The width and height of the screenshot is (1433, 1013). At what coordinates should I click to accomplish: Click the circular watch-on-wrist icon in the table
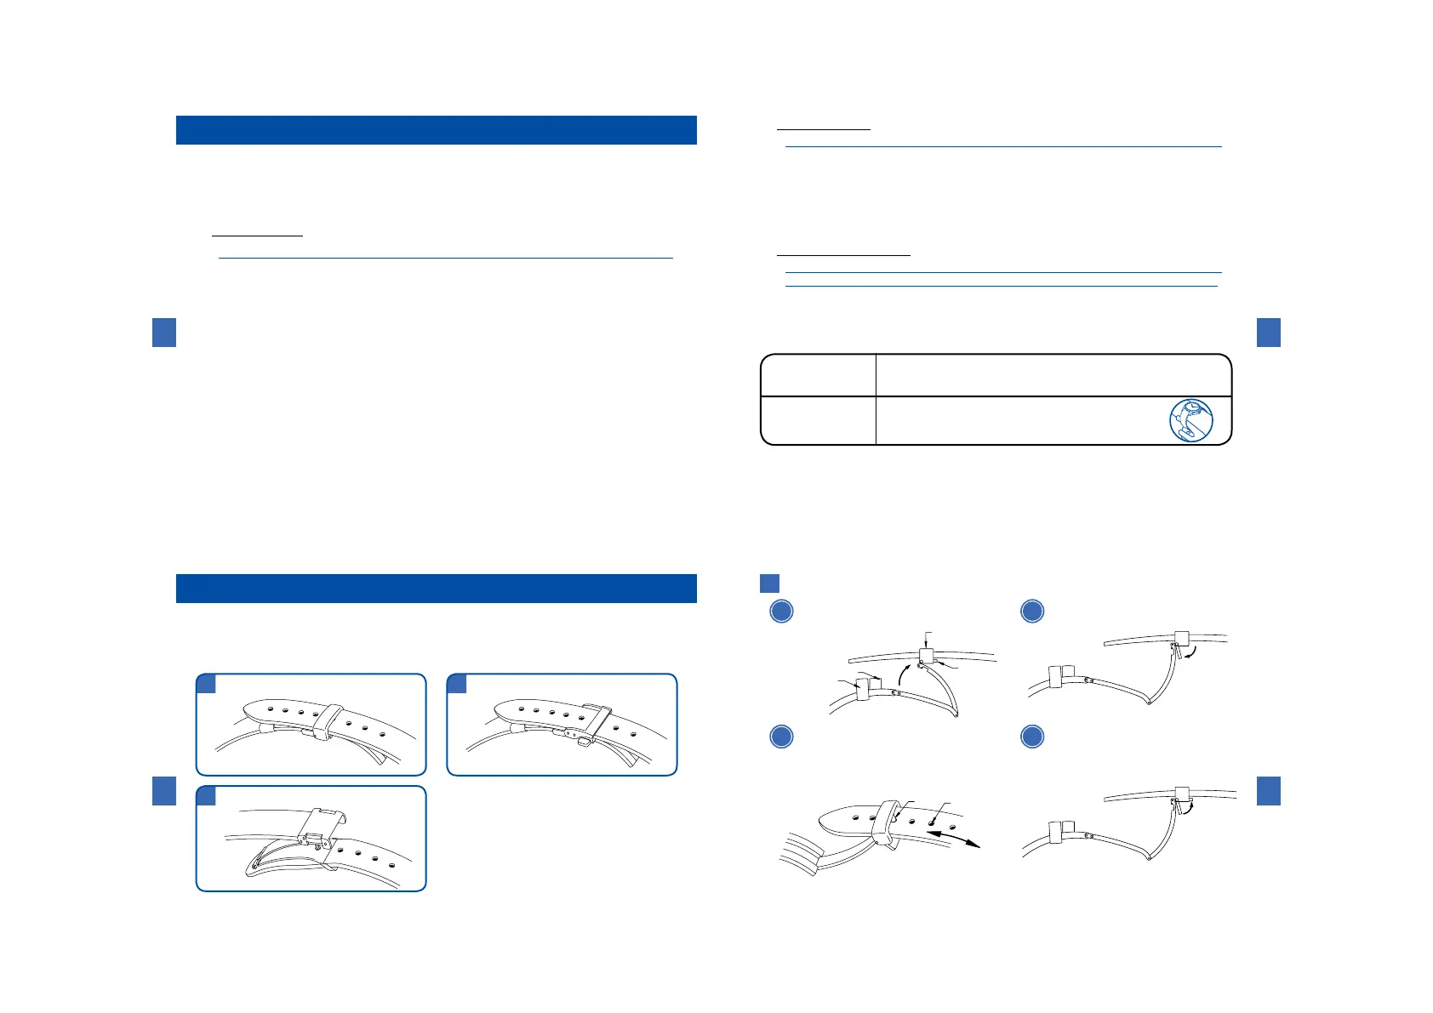point(1191,420)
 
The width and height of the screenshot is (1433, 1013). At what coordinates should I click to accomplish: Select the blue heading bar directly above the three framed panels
point(436,589)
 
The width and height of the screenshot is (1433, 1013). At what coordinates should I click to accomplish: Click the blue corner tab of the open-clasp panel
point(206,796)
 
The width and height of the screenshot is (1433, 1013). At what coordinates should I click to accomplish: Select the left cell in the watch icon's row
point(818,420)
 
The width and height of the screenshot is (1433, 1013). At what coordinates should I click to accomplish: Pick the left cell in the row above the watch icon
point(818,375)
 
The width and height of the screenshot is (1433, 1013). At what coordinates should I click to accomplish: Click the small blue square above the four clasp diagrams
point(769,583)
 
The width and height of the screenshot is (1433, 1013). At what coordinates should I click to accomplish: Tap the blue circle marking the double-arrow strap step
point(781,737)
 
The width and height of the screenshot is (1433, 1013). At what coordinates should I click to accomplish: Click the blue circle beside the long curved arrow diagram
point(781,611)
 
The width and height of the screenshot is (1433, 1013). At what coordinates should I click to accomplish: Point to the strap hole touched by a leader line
point(933,822)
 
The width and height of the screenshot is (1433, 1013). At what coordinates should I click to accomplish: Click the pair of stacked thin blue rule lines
point(1002,279)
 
